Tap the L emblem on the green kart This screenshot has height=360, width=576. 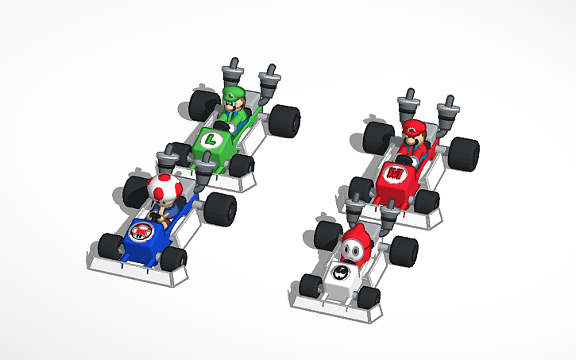211,140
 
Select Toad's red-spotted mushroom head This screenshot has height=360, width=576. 164,189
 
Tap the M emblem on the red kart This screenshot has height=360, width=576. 394,171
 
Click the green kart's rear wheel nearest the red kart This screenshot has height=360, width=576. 284,118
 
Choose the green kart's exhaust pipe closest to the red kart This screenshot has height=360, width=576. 270,80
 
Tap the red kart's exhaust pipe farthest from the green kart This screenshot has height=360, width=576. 450,111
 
